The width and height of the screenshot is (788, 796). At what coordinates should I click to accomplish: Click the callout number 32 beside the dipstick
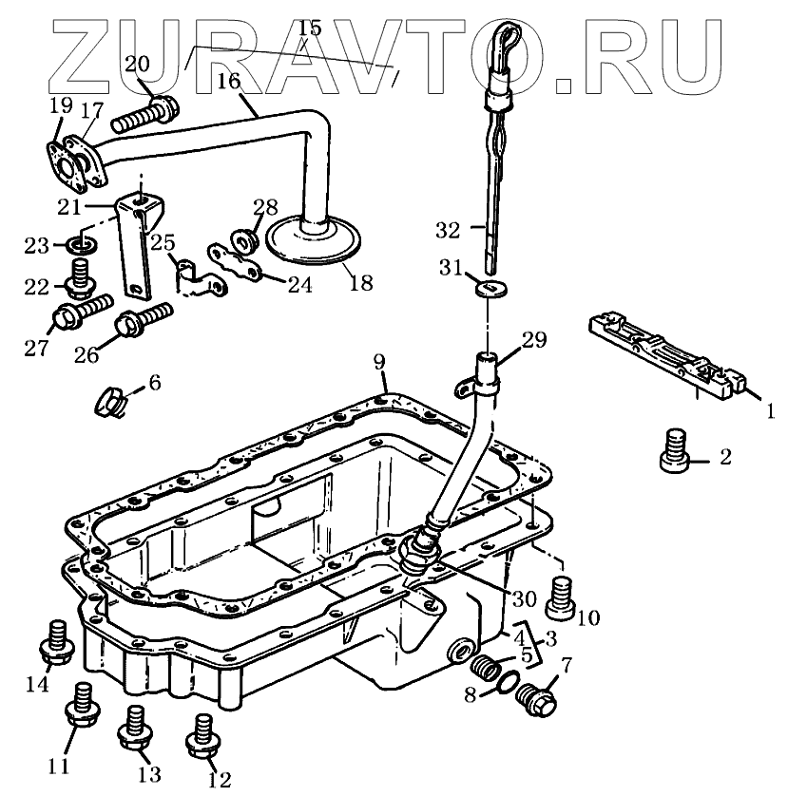point(448,230)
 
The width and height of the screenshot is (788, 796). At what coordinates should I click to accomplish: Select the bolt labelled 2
point(673,450)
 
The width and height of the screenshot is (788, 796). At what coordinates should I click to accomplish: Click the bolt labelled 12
point(202,735)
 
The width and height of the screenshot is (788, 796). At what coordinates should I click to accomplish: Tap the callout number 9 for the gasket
point(379,361)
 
